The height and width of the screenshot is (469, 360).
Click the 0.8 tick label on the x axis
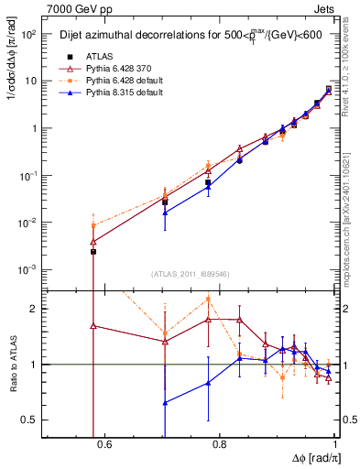pos(219,445)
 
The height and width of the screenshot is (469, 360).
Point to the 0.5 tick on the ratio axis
pos(32,420)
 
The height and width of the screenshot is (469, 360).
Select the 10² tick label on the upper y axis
pos(29,34)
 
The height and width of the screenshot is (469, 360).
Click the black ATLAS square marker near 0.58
pos(93,251)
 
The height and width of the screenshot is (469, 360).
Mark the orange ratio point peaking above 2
pos(209,299)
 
